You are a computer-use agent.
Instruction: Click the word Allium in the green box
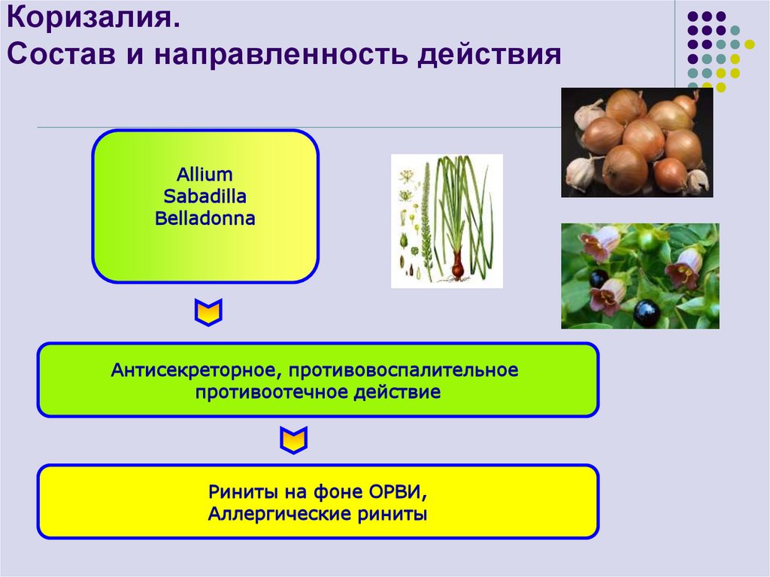point(205,175)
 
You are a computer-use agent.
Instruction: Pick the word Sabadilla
point(205,197)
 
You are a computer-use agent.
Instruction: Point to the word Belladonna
point(205,219)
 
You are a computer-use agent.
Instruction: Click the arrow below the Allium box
point(208,312)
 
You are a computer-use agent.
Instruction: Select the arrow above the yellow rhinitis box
point(293,440)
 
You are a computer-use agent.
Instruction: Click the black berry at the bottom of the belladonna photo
point(646,312)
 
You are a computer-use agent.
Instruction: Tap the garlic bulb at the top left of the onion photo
point(588,113)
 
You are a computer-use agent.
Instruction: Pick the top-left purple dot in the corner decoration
point(690,17)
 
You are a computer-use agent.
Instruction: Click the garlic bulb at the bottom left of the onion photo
point(581,173)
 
